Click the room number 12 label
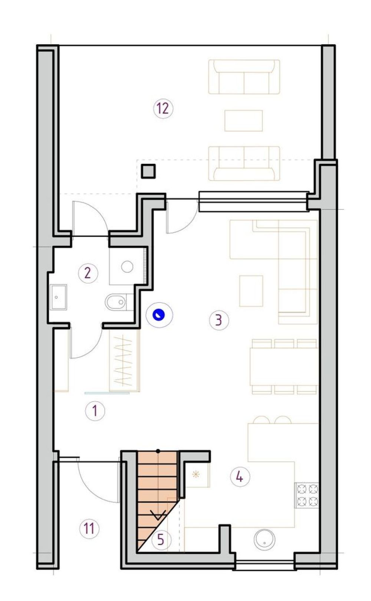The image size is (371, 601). point(163,109)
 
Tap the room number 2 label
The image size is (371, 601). point(88,274)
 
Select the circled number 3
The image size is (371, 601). point(219,320)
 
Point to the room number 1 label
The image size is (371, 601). point(95,411)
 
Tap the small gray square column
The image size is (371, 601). point(148,171)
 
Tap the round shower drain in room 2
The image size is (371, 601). point(127,267)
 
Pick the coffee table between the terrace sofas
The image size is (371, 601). point(243,121)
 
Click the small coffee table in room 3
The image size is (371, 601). point(251,291)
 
